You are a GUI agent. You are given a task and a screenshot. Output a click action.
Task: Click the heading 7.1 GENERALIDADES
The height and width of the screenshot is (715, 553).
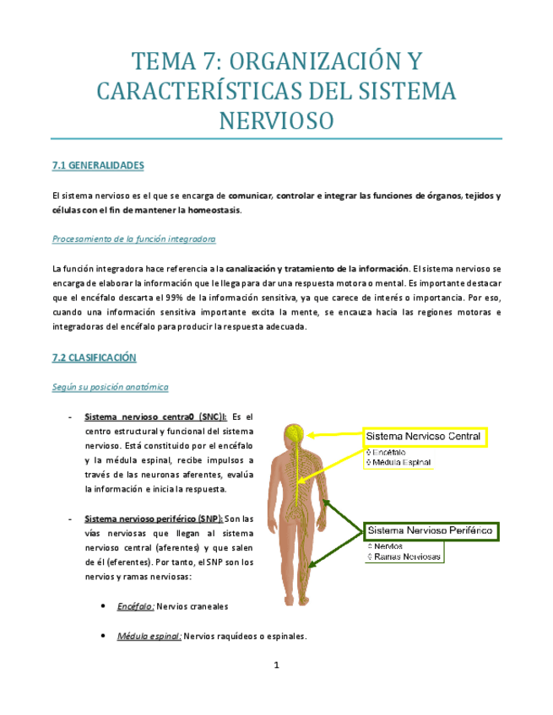(98, 165)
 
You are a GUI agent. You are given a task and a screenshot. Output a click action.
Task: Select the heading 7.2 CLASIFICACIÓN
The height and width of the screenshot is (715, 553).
(94, 357)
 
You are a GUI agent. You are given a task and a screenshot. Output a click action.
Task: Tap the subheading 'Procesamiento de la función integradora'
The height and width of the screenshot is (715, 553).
(133, 239)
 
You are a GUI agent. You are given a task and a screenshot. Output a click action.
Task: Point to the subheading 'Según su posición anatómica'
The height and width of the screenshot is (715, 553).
(110, 387)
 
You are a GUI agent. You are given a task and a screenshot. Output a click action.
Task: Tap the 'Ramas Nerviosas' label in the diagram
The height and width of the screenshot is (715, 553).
(406, 557)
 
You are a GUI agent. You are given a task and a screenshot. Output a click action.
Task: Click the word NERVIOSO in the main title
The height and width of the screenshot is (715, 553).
(276, 120)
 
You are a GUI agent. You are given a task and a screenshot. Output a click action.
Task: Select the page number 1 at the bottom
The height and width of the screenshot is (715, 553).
(276, 665)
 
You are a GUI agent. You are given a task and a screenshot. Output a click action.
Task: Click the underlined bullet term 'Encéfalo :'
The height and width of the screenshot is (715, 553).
(135, 606)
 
